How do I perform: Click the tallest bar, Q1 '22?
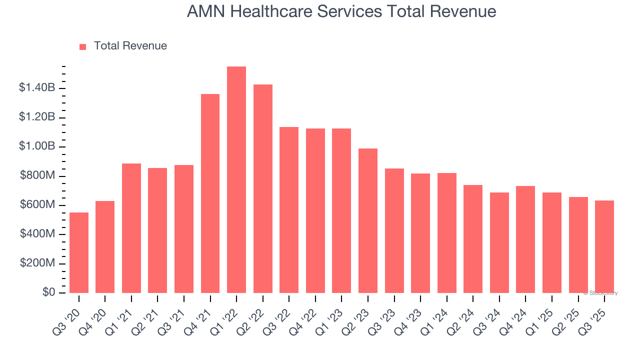pos(236,180)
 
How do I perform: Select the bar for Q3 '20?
pos(79,253)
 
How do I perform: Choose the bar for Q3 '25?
pos(604,247)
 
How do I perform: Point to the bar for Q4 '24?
pos(525,239)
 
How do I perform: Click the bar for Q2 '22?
pos(263,189)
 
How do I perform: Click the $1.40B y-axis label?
pos(37,88)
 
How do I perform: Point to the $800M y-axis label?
pos(37,176)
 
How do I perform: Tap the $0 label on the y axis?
pos(48,292)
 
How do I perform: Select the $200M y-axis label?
pos(37,263)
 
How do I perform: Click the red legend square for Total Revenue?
pos(83,47)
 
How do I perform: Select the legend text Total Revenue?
pos(130,46)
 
